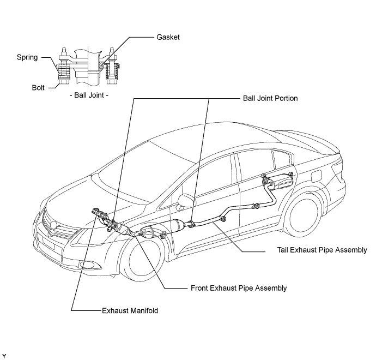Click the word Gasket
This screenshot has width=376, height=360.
(x=168, y=37)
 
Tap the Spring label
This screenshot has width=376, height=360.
(x=27, y=57)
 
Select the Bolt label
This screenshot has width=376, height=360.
(x=38, y=88)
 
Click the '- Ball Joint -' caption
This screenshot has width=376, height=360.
(x=89, y=95)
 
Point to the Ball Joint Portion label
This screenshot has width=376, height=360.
(x=270, y=98)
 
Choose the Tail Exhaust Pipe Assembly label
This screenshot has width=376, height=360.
(x=322, y=250)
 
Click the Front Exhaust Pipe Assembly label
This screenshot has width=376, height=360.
(x=239, y=288)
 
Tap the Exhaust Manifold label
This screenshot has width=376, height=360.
(x=130, y=310)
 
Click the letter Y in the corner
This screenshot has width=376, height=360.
(x=4, y=356)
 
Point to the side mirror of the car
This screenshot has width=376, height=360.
(x=185, y=201)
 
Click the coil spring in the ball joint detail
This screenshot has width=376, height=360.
(x=64, y=71)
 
